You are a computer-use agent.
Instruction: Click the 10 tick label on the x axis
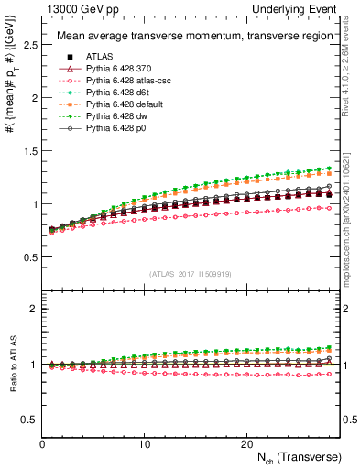[x=145, y=443]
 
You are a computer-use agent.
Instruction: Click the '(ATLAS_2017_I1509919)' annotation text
[x=191, y=272]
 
